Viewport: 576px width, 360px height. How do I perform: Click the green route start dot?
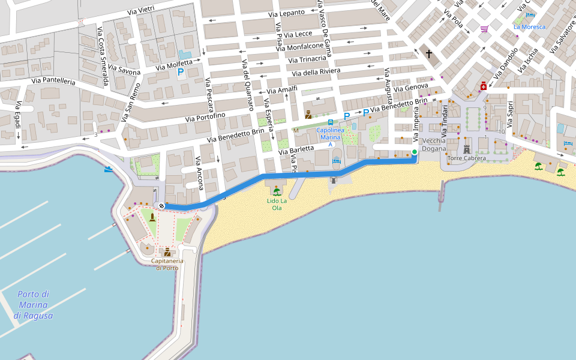pyautogui.click(x=415, y=152)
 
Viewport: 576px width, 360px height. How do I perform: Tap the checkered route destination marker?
pyautogui.click(x=161, y=206)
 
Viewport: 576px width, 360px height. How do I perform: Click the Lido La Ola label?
pyautogui.click(x=277, y=204)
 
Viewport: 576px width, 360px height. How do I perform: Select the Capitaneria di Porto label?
pyautogui.click(x=167, y=264)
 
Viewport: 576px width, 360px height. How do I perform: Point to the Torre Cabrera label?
pyautogui.click(x=467, y=158)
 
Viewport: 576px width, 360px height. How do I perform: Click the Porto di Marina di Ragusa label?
pyautogui.click(x=33, y=305)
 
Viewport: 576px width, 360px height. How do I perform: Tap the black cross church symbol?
pyautogui.click(x=429, y=54)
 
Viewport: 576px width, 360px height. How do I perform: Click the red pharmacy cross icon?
pyautogui.click(x=484, y=86)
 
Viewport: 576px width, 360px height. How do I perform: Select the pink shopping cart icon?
pyautogui.click(x=484, y=28)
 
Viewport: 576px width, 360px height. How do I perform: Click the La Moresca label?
pyautogui.click(x=530, y=27)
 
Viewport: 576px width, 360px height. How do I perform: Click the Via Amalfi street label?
pyautogui.click(x=283, y=90)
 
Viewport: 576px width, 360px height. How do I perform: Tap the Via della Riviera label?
pyautogui.click(x=316, y=73)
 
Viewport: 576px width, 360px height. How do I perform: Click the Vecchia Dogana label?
pyautogui.click(x=434, y=145)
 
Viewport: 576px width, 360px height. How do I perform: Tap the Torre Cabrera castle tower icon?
pyautogui.click(x=467, y=149)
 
